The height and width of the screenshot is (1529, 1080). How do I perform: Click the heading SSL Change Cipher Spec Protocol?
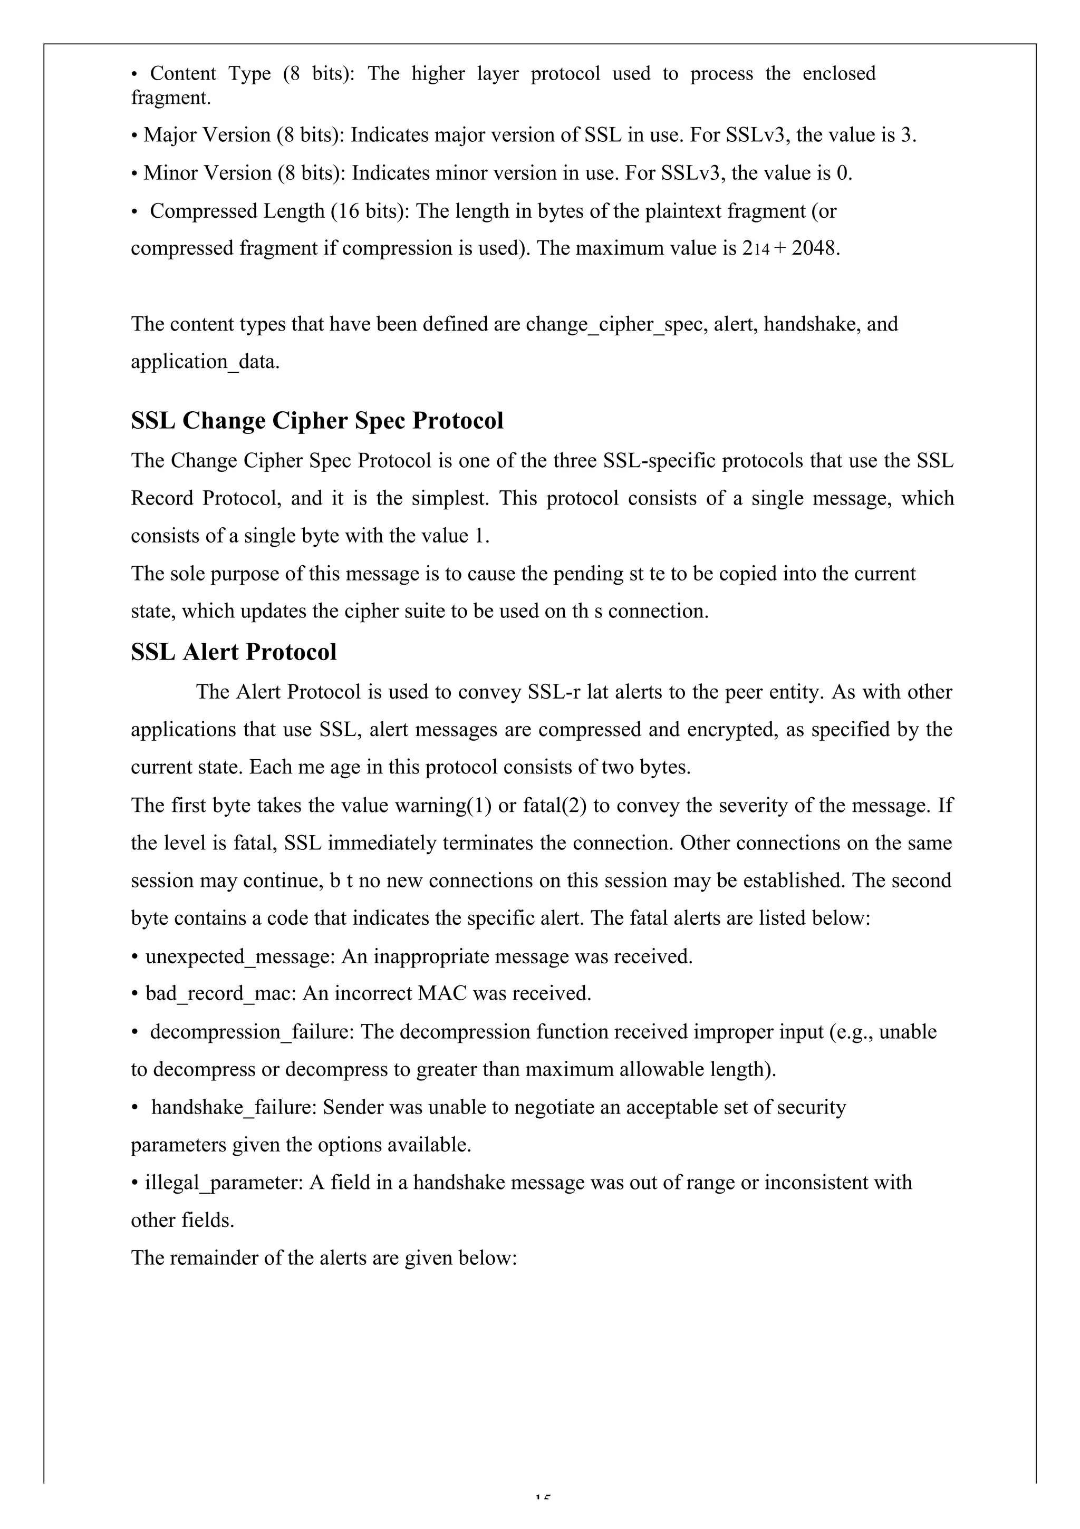317,421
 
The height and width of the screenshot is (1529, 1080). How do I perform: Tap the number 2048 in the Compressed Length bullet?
814,248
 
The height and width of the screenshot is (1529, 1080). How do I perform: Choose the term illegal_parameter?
225,1183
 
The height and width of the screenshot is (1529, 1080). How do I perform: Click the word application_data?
205,362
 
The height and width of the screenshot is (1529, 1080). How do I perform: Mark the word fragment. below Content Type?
170,98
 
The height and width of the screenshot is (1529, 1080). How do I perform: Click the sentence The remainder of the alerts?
324,1258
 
